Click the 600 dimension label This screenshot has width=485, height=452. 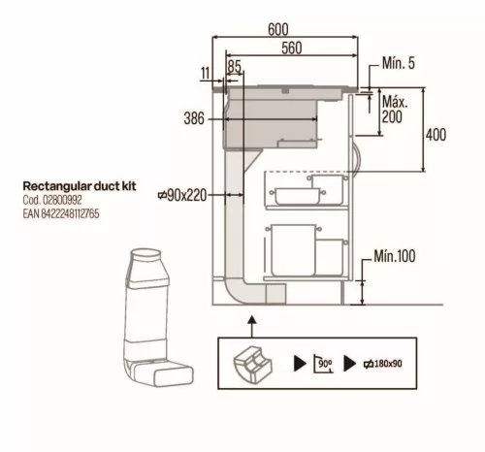coord(278,29)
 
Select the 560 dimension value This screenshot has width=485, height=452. coord(292,48)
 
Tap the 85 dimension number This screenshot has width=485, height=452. coord(234,66)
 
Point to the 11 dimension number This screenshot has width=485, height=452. coord(206,73)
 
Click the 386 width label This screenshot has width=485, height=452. coord(194,118)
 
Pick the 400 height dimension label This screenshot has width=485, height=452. coord(436,135)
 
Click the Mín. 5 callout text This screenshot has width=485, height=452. coord(398,63)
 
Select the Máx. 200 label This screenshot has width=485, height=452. coord(395,110)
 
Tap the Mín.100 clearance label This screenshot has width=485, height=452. coord(395,256)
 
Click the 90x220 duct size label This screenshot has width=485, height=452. coord(182,195)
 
